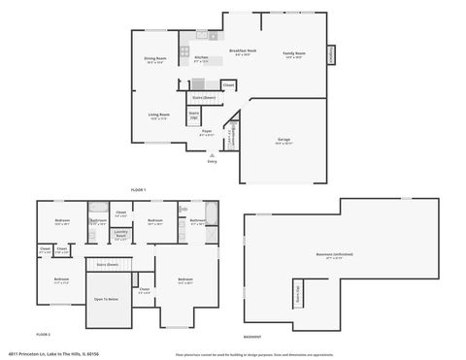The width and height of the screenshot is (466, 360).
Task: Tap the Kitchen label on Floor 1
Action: click(x=201, y=58)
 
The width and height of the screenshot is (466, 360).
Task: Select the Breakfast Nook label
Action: click(x=243, y=51)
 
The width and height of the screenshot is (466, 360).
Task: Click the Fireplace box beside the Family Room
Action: click(x=331, y=55)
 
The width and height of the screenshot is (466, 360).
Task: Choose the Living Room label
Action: click(x=159, y=116)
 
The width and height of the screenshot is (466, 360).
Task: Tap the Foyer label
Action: click(x=207, y=131)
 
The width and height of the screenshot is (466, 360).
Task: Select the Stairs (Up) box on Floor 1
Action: click(x=194, y=115)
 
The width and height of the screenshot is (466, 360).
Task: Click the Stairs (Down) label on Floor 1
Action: click(x=203, y=97)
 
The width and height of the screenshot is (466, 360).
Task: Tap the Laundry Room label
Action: click(x=121, y=233)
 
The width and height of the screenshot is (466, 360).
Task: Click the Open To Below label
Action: click(x=107, y=299)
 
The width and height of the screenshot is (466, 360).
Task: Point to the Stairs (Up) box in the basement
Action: click(x=299, y=293)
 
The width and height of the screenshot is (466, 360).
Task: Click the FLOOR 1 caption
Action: click(x=138, y=189)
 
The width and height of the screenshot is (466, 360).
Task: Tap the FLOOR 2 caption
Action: click(x=43, y=334)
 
